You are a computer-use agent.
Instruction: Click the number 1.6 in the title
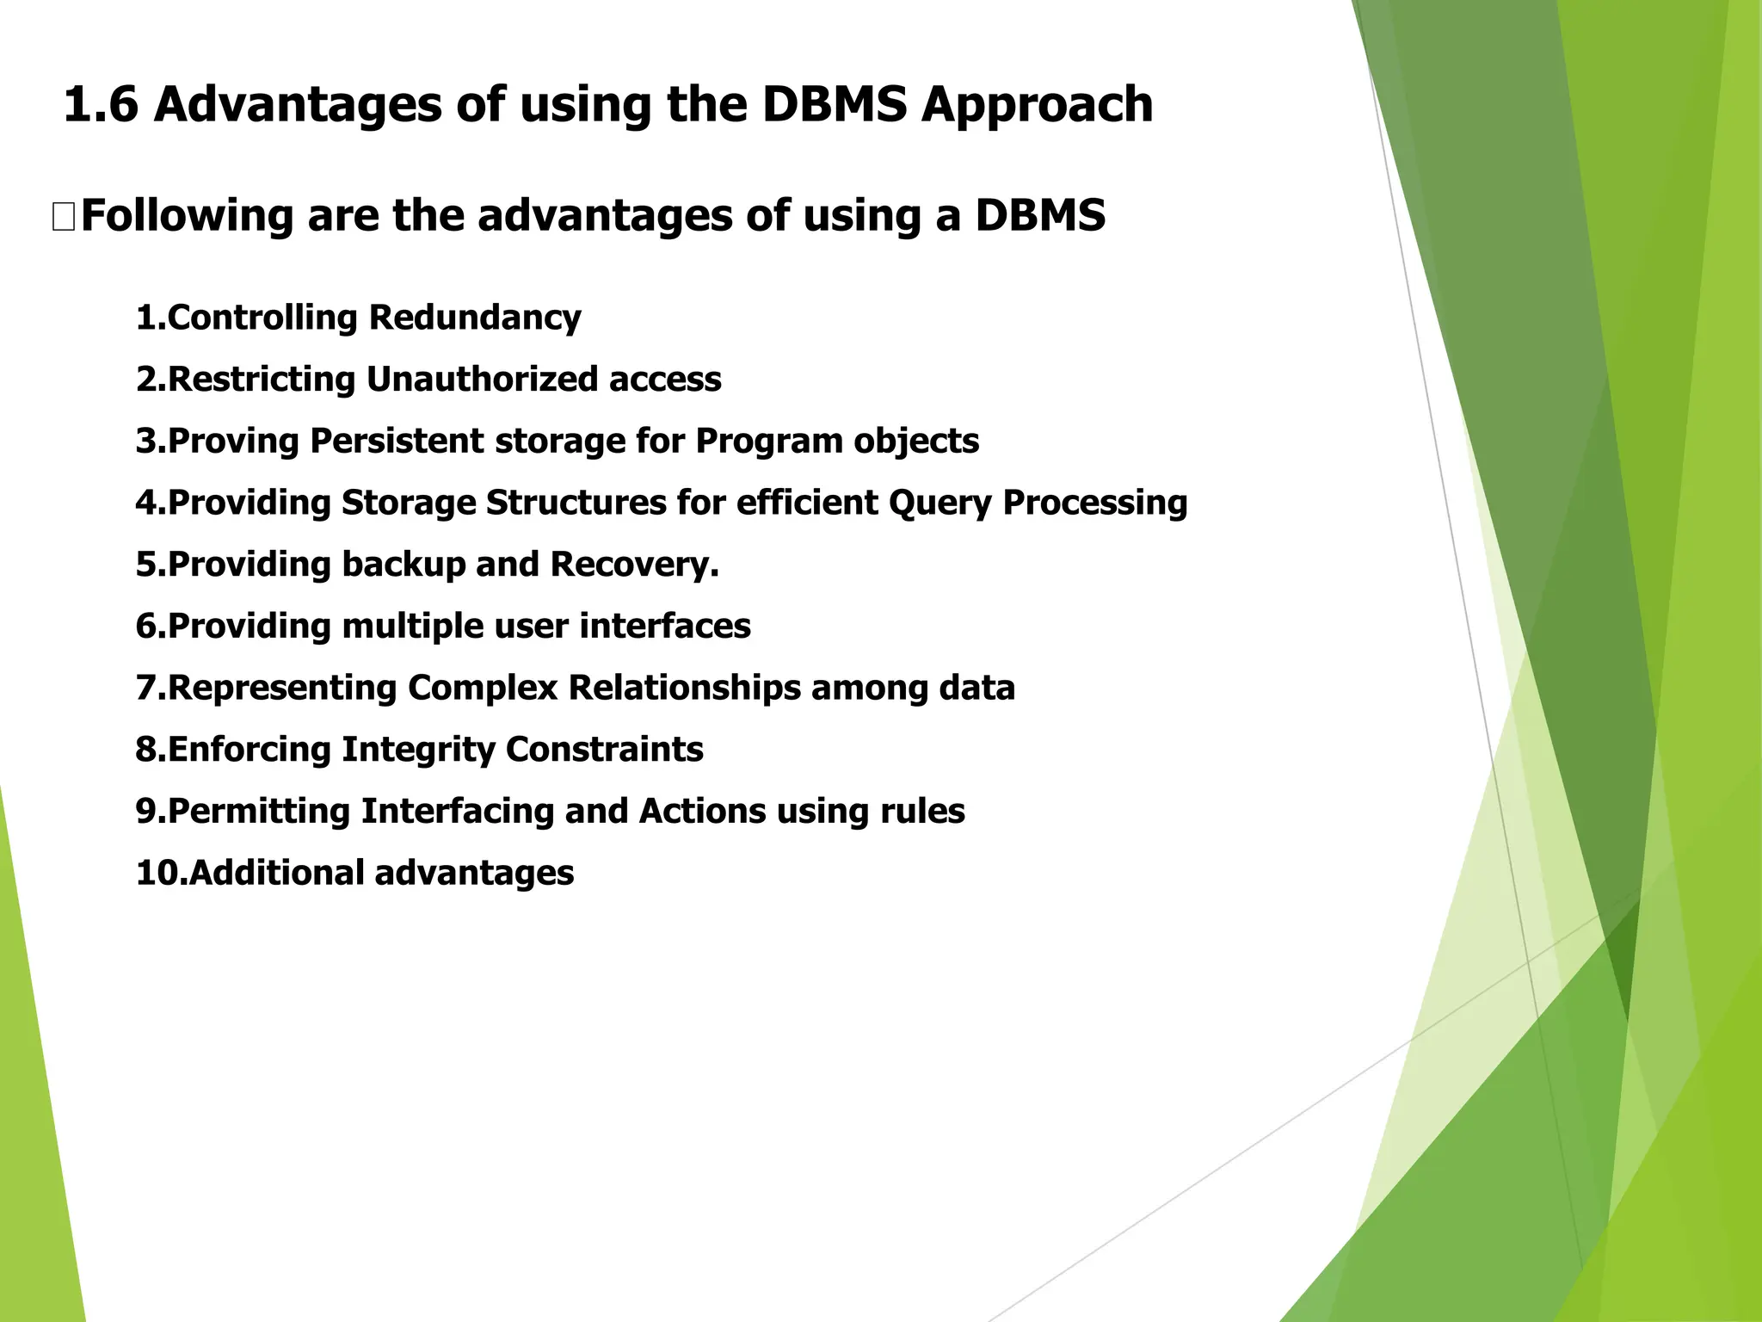(101, 105)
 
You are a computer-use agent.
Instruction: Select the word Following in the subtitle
(187, 215)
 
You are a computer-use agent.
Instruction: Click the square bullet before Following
(64, 218)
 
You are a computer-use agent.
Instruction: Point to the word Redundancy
(475, 318)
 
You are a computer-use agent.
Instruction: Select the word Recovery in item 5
(631, 565)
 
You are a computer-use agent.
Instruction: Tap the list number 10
(159, 874)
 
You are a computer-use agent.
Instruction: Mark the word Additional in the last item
(277, 874)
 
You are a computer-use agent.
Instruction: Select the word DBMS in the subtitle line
(1039, 215)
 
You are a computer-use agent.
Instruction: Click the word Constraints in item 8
(604, 750)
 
